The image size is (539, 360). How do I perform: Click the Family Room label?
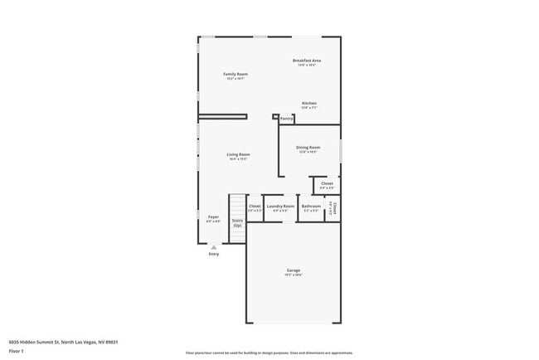(236, 75)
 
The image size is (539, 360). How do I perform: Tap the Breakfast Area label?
(306, 61)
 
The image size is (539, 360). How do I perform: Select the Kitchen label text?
(308, 104)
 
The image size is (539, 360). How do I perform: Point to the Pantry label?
(287, 119)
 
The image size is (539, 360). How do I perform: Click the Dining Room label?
(308, 147)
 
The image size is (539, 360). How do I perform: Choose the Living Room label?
(239, 154)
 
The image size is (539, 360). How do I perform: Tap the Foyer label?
(213, 216)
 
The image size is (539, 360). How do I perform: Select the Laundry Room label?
(280, 206)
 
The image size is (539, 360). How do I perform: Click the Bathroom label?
(311, 206)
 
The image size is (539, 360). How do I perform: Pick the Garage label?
(294, 270)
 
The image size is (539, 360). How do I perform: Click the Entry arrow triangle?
(214, 246)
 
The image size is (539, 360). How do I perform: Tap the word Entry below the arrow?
(214, 254)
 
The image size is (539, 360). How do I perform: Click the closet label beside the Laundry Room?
(255, 206)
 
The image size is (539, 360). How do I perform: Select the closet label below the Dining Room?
(327, 183)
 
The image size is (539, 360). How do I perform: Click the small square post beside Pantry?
(275, 117)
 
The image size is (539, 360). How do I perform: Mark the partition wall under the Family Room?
(223, 116)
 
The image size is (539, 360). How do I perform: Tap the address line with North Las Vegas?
(63, 341)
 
